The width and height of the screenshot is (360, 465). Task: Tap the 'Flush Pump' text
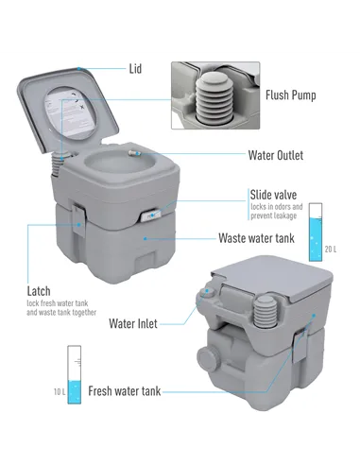[x=291, y=95]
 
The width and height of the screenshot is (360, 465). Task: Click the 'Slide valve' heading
[x=275, y=194]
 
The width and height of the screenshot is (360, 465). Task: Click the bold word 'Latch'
[x=39, y=291]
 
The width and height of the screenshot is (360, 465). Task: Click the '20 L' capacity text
[x=330, y=249]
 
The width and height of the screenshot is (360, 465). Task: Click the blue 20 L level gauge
[x=316, y=230]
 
